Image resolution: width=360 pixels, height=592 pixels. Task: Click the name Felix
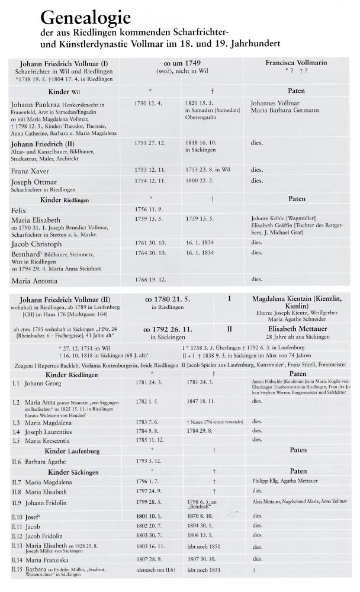coord(20,210)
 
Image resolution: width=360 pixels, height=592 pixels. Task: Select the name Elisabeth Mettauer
coord(288,325)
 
